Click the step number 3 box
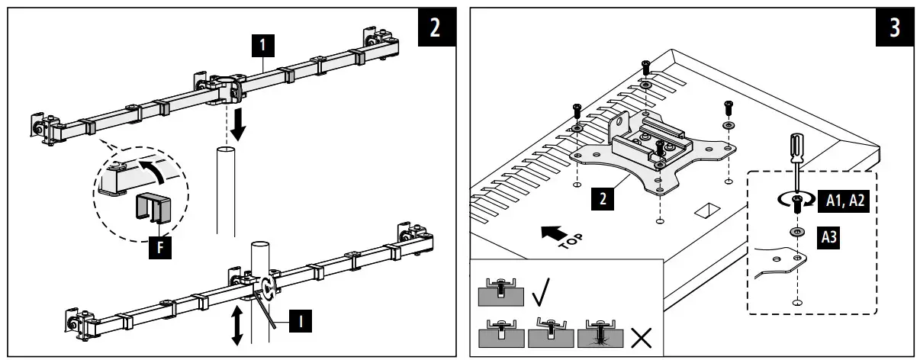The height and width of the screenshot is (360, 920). [x=894, y=27]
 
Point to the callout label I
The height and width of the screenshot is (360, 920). [x=301, y=323]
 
